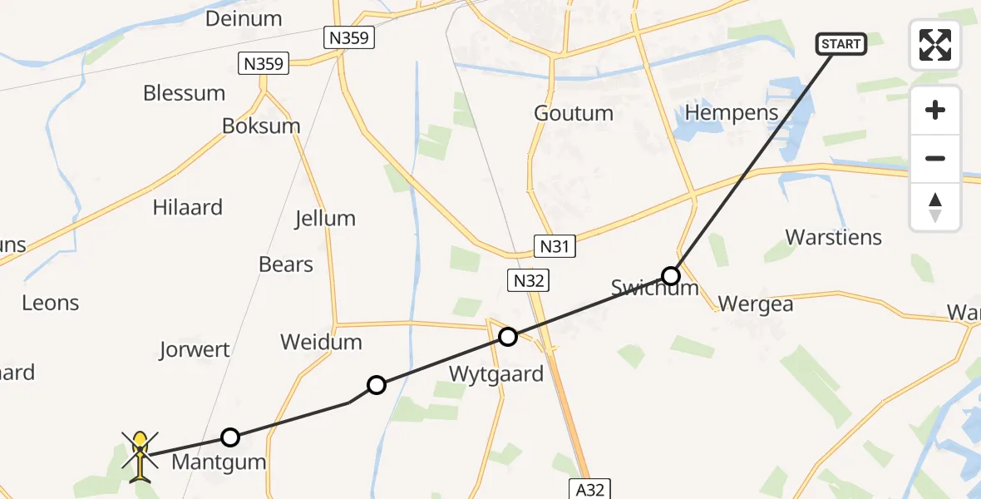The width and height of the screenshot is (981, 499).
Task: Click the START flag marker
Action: click(x=842, y=44)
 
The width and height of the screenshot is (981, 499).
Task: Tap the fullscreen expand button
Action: click(x=935, y=45)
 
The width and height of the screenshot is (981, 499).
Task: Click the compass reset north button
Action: click(x=935, y=207)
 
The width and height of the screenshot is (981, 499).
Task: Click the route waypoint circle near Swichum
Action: click(x=671, y=275)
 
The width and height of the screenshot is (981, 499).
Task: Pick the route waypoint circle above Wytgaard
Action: click(x=508, y=337)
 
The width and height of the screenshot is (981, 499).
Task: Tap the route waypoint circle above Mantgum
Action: click(x=230, y=437)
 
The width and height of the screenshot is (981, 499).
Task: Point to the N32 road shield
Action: click(x=528, y=281)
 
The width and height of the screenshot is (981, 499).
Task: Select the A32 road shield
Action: click(x=588, y=487)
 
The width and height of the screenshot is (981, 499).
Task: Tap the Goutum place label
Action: click(x=574, y=113)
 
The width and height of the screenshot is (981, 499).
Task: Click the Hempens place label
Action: click(x=732, y=113)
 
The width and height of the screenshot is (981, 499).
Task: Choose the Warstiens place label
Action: click(x=834, y=237)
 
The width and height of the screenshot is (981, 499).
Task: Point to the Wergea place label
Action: click(x=756, y=304)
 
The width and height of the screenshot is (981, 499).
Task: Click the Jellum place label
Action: click(x=325, y=219)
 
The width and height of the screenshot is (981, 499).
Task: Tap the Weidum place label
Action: click(x=321, y=342)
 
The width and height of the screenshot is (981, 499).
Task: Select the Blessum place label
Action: click(x=184, y=93)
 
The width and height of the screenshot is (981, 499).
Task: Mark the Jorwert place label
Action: click(x=195, y=349)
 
